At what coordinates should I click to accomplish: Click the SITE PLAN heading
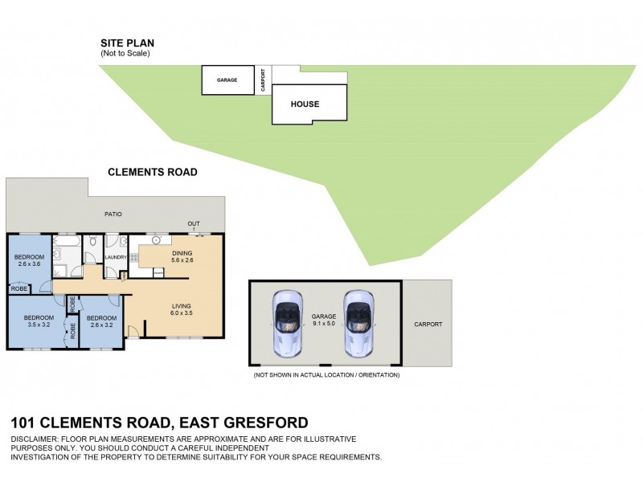coord(127,43)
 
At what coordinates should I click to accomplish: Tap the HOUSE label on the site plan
coord(305,104)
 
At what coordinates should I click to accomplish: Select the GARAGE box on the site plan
coord(227,80)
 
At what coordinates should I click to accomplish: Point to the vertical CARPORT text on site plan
coord(263,80)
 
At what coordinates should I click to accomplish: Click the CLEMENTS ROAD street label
coord(153,172)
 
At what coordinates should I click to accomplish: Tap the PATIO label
coord(113,214)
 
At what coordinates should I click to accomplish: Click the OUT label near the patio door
coord(194,223)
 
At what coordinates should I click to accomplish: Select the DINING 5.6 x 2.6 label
coord(182,256)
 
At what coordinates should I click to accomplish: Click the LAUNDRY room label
coord(117,257)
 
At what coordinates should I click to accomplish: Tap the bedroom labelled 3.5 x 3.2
coord(37,322)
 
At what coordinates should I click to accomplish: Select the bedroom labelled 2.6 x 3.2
coord(102,322)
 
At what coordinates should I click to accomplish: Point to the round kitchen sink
coord(156,239)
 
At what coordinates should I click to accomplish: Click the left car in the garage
coord(287,323)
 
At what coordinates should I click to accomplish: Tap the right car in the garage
coord(358,323)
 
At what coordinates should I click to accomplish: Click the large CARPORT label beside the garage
coord(428,325)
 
